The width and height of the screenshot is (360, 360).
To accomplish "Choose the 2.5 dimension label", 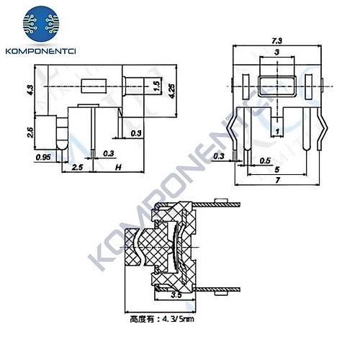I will (x=78, y=167).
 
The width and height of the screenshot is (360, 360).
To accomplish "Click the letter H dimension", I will (x=118, y=167).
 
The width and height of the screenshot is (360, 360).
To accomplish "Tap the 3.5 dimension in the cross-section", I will (x=176, y=295).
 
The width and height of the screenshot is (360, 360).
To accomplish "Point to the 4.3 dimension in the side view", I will (x=30, y=90).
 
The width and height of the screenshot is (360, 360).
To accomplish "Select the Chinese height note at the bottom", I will (x=160, y=318).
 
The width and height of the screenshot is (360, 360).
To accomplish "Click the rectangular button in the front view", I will (x=277, y=85).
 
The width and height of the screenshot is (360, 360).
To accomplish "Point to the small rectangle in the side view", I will (x=93, y=86).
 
